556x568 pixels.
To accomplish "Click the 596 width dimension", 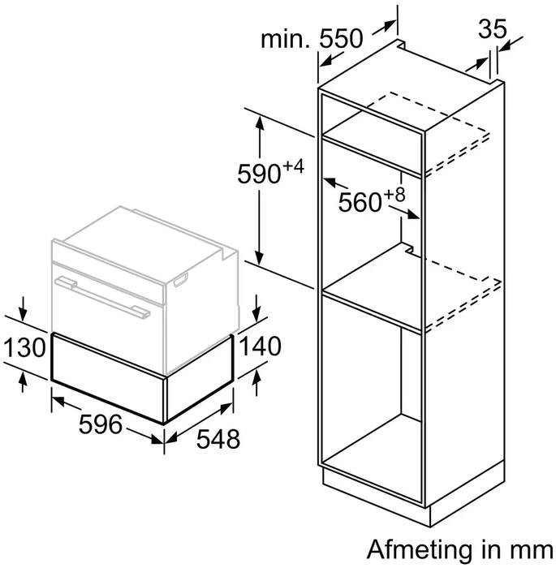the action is coord(101,424).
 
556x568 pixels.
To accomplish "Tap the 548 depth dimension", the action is coord(218,439).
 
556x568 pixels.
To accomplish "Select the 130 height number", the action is coord(24,347).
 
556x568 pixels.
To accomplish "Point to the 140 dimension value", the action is coord(261,345).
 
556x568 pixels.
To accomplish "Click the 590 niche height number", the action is coord(259,174).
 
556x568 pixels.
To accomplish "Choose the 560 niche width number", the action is coord(360,202).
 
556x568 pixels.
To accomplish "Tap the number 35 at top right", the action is coord(492,29).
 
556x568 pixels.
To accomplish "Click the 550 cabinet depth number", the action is coord(341,38).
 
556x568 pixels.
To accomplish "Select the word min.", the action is coord(286,39).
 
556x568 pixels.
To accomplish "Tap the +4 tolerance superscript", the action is coord(293,167).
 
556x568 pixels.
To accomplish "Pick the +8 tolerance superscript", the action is coord(394,195).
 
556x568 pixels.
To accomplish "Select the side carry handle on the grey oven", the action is coord(181,281).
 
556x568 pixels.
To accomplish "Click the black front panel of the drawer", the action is coord(108,377).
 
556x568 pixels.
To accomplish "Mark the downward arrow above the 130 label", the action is coord(24,309).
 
